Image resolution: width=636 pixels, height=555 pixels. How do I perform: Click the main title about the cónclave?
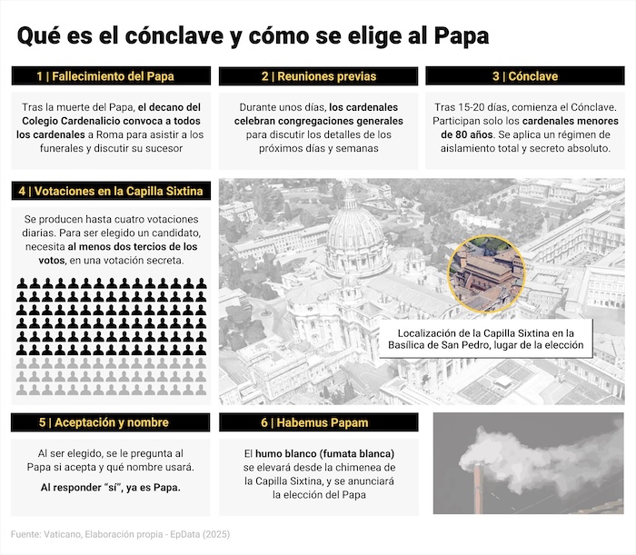[x=253, y=35]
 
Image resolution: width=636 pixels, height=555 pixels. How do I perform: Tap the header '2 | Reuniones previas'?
[x=318, y=76]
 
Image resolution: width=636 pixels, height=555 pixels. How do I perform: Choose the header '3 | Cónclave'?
[x=525, y=76]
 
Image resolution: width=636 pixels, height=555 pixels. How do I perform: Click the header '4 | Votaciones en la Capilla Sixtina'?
[x=111, y=191]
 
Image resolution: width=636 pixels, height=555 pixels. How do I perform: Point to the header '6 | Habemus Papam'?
[x=317, y=422]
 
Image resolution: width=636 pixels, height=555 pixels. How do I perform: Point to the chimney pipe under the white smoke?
[x=477, y=491]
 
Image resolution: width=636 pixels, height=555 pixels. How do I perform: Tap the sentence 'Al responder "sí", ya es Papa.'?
[x=111, y=487]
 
